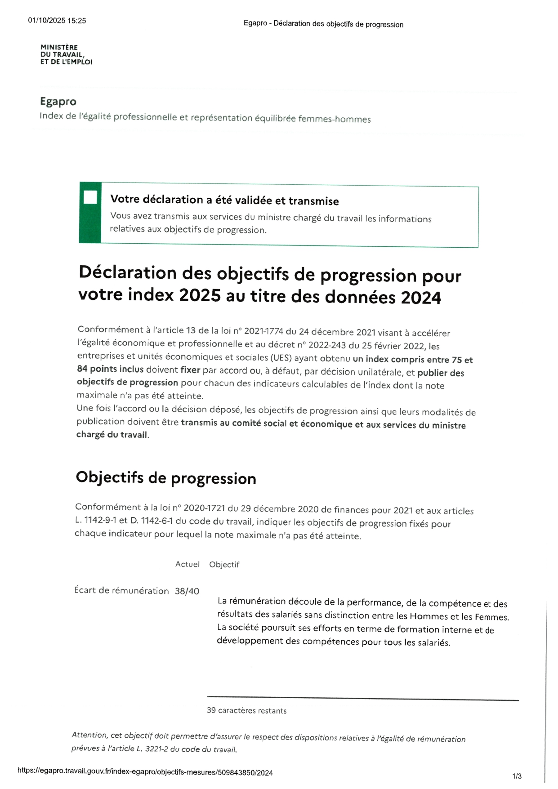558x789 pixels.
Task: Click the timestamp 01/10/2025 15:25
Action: click(57, 21)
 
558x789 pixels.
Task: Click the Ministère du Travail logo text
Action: click(66, 54)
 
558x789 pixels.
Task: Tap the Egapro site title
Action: click(58, 102)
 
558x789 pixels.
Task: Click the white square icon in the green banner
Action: click(90, 197)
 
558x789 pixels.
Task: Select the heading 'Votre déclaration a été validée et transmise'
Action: click(224, 200)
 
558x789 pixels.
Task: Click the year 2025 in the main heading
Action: click(200, 295)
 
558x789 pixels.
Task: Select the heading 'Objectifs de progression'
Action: click(166, 477)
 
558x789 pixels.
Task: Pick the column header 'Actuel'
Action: click(187, 564)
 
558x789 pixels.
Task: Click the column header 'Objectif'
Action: click(224, 564)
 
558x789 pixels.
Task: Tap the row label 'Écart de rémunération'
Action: click(121, 590)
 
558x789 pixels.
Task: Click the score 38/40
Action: click(187, 591)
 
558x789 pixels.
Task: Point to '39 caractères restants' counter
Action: click(246, 710)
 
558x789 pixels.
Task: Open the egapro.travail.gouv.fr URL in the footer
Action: click(145, 771)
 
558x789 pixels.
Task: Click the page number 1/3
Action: click(517, 776)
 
